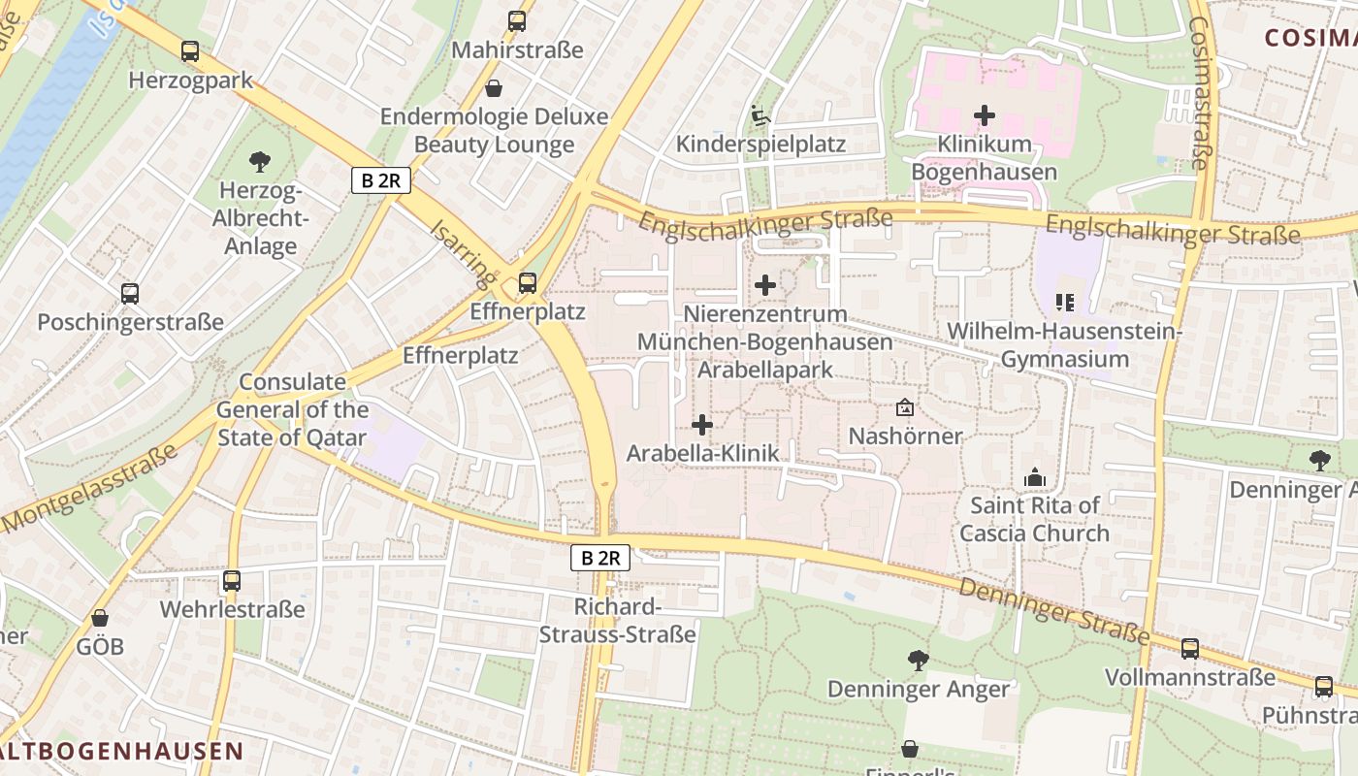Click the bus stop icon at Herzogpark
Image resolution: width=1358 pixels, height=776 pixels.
pos(190,51)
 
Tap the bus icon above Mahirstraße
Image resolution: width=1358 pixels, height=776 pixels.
pos(517,20)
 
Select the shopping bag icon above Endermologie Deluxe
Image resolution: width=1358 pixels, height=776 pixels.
pos(494,89)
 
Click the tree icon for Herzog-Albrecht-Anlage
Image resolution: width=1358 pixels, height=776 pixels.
pos(259,161)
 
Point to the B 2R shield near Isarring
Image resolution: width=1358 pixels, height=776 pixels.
pos(381,180)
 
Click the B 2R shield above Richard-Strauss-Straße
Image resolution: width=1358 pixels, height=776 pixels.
pos(600,558)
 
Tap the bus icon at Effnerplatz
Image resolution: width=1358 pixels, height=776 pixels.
pos(528,282)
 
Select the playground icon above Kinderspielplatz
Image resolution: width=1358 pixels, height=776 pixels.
pos(760,116)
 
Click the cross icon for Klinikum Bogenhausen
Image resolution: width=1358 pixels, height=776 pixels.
pos(985,115)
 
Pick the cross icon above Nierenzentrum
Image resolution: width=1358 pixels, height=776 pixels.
pos(765,285)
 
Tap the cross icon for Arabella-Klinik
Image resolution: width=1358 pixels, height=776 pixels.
pos(702,425)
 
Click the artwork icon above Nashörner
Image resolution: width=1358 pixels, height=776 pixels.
pos(905,407)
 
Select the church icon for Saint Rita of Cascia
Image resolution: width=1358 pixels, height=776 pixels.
pos(1035,477)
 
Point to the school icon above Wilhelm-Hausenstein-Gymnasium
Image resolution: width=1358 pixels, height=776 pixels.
pos(1065,303)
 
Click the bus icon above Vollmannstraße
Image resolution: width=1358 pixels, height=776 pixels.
pos(1190,649)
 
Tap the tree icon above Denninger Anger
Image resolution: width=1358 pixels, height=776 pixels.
pos(918,661)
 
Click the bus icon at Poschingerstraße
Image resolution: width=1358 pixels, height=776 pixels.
pos(130,293)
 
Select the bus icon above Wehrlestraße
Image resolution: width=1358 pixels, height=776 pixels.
pos(232,581)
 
